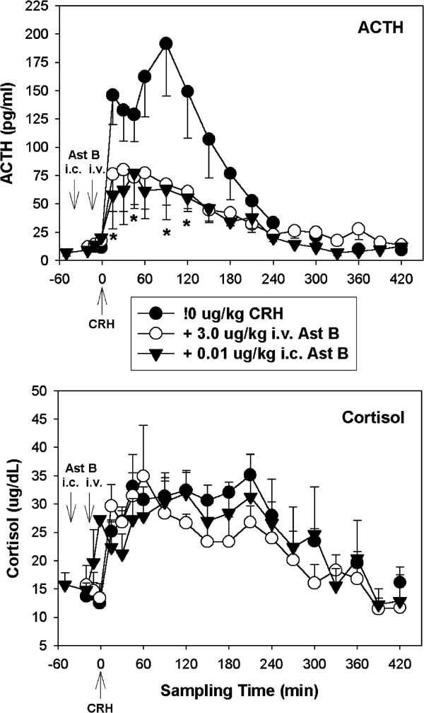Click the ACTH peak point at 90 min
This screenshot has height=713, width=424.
pyautogui.click(x=166, y=44)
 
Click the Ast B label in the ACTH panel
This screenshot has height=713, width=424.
pyautogui.click(x=83, y=156)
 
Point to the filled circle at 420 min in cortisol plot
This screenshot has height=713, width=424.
pyautogui.click(x=401, y=583)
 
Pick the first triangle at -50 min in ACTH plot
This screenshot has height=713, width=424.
pyautogui.click(x=67, y=254)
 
